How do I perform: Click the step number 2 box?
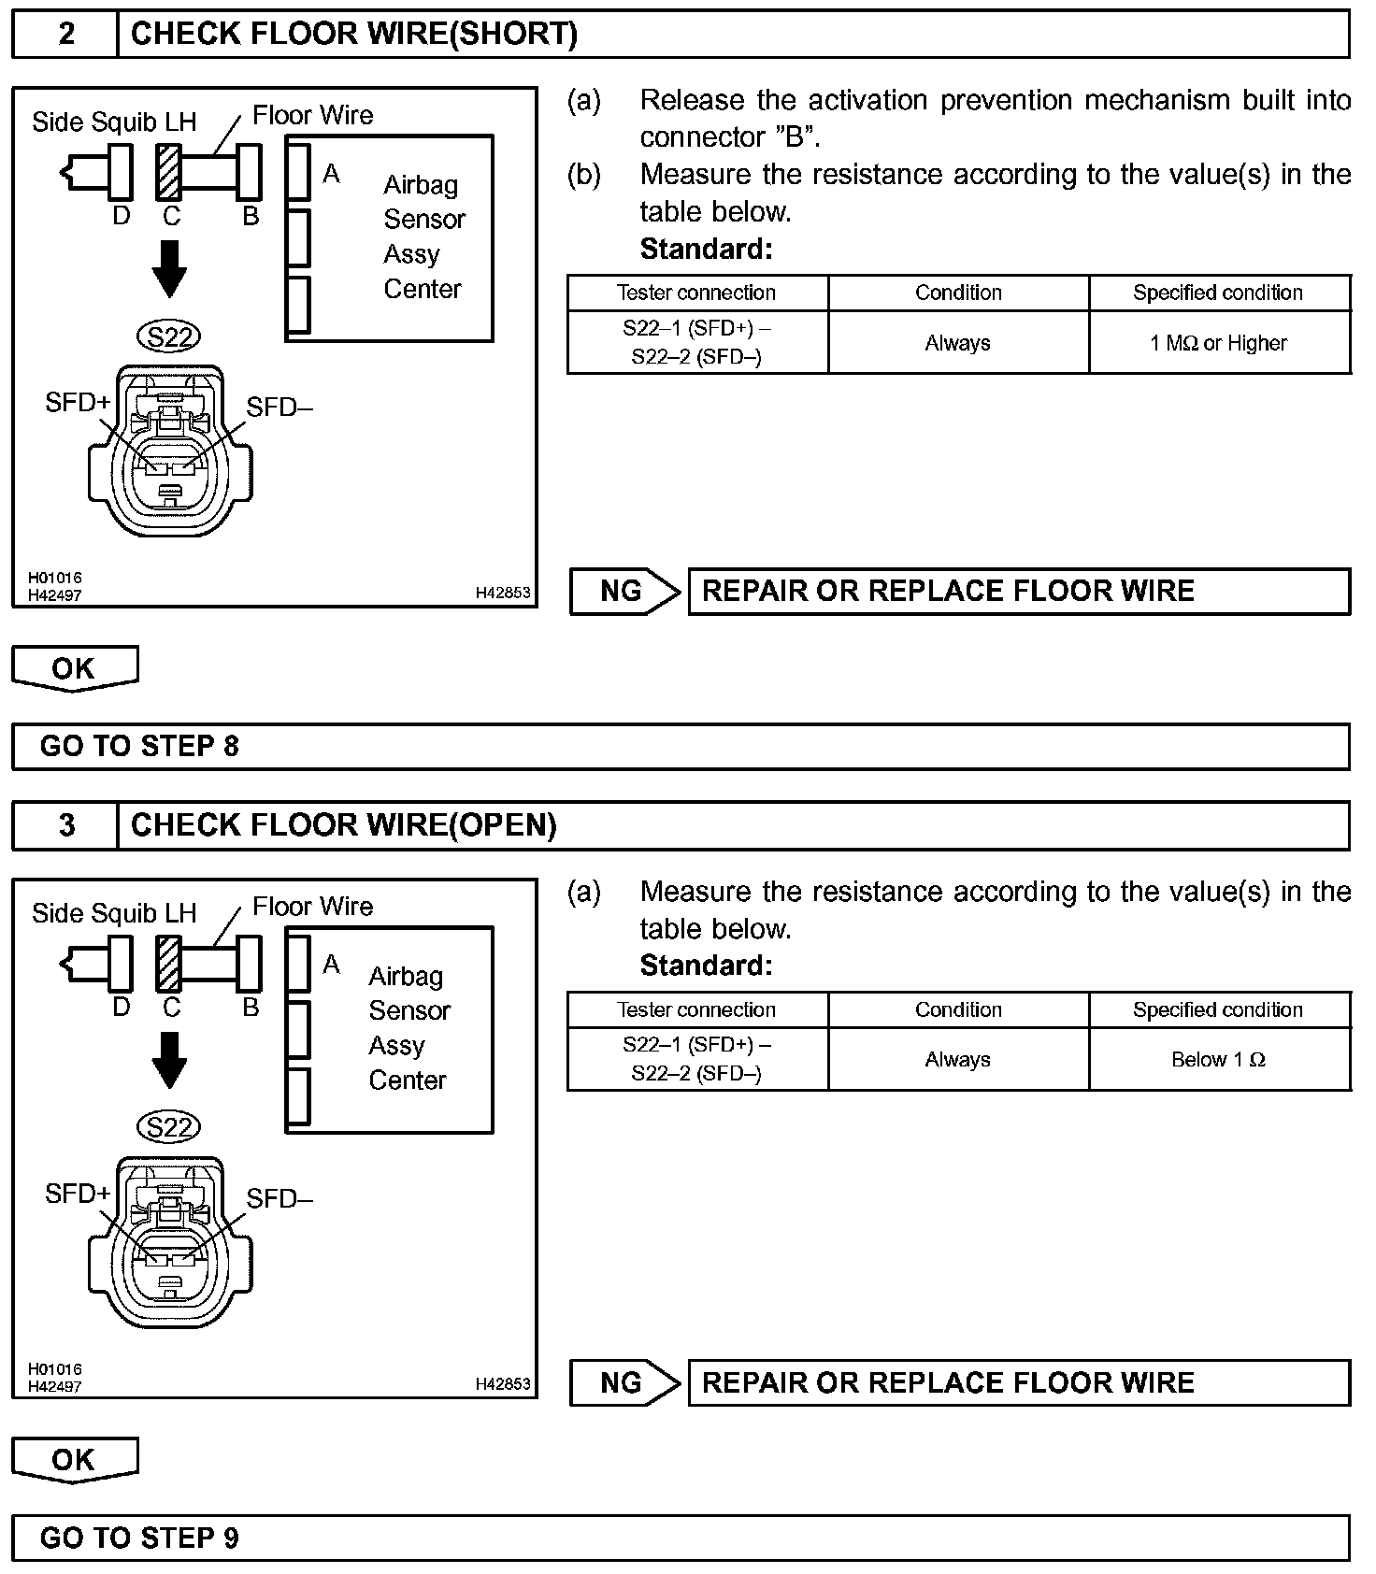pyautogui.click(x=65, y=35)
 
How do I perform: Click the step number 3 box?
pyautogui.click(x=65, y=825)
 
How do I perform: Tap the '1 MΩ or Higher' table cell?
pyautogui.click(x=1218, y=343)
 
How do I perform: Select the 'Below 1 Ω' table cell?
pyautogui.click(x=1218, y=1059)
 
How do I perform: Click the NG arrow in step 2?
pyautogui.click(x=624, y=592)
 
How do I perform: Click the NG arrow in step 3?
pyautogui.click(x=624, y=1382)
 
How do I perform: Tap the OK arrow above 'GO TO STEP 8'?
pyautogui.click(x=74, y=668)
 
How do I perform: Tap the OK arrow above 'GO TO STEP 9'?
pyautogui.click(x=74, y=1459)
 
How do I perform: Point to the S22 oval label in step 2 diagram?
pyautogui.click(x=168, y=336)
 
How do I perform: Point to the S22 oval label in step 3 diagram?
pyautogui.click(x=168, y=1127)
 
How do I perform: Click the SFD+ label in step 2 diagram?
pyautogui.click(x=78, y=403)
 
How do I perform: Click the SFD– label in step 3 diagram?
pyautogui.click(x=279, y=1198)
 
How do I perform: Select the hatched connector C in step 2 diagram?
pyautogui.click(x=169, y=172)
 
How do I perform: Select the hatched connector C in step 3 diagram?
pyautogui.click(x=169, y=963)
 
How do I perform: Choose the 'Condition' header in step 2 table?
pyautogui.click(x=958, y=293)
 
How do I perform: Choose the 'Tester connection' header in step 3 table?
pyautogui.click(x=696, y=1009)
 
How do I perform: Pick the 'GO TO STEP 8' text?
pyautogui.click(x=139, y=746)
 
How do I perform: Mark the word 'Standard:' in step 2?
pyautogui.click(x=706, y=249)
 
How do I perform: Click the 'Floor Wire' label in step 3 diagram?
pyautogui.click(x=312, y=907)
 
